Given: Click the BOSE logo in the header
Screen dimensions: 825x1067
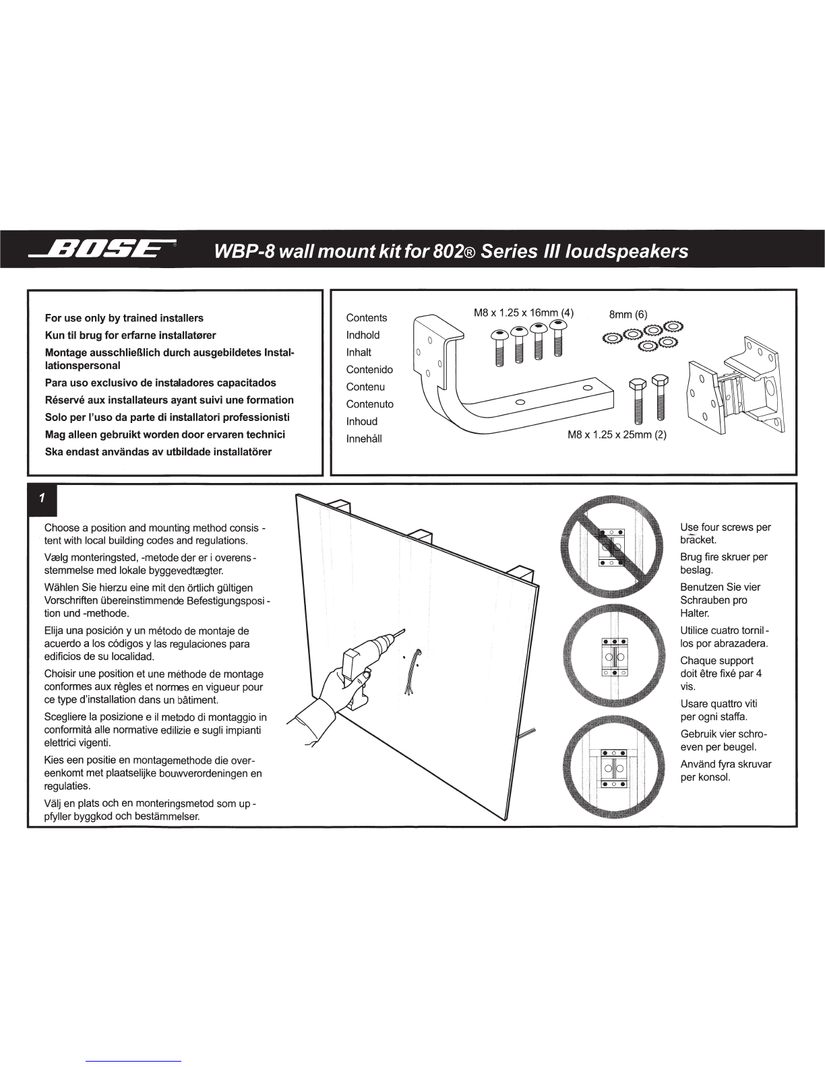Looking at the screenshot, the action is [102, 249].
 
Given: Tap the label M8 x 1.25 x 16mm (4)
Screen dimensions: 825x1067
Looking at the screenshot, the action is [523, 313].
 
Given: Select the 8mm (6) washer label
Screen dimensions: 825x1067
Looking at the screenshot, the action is [628, 315].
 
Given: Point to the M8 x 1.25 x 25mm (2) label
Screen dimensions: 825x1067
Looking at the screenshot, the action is [617, 434].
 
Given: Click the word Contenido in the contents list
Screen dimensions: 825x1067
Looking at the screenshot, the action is [369, 369].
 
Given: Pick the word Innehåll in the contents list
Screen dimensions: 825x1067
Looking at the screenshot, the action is [363, 439].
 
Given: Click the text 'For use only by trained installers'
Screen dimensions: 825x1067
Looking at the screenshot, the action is [124, 318].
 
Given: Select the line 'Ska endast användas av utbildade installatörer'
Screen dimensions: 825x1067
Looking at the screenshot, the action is [158, 452].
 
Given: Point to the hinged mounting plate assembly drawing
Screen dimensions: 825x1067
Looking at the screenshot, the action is [735, 385].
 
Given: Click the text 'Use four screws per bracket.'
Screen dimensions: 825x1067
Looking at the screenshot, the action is [725, 533].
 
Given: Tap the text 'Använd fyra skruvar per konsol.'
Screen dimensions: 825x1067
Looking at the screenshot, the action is [726, 771].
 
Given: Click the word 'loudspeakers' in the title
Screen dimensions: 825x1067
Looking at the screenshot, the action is [626, 251].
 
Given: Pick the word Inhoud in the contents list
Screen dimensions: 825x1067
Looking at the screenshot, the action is [362, 421].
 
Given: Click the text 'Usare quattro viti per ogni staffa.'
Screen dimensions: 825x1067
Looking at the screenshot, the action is [719, 710].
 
